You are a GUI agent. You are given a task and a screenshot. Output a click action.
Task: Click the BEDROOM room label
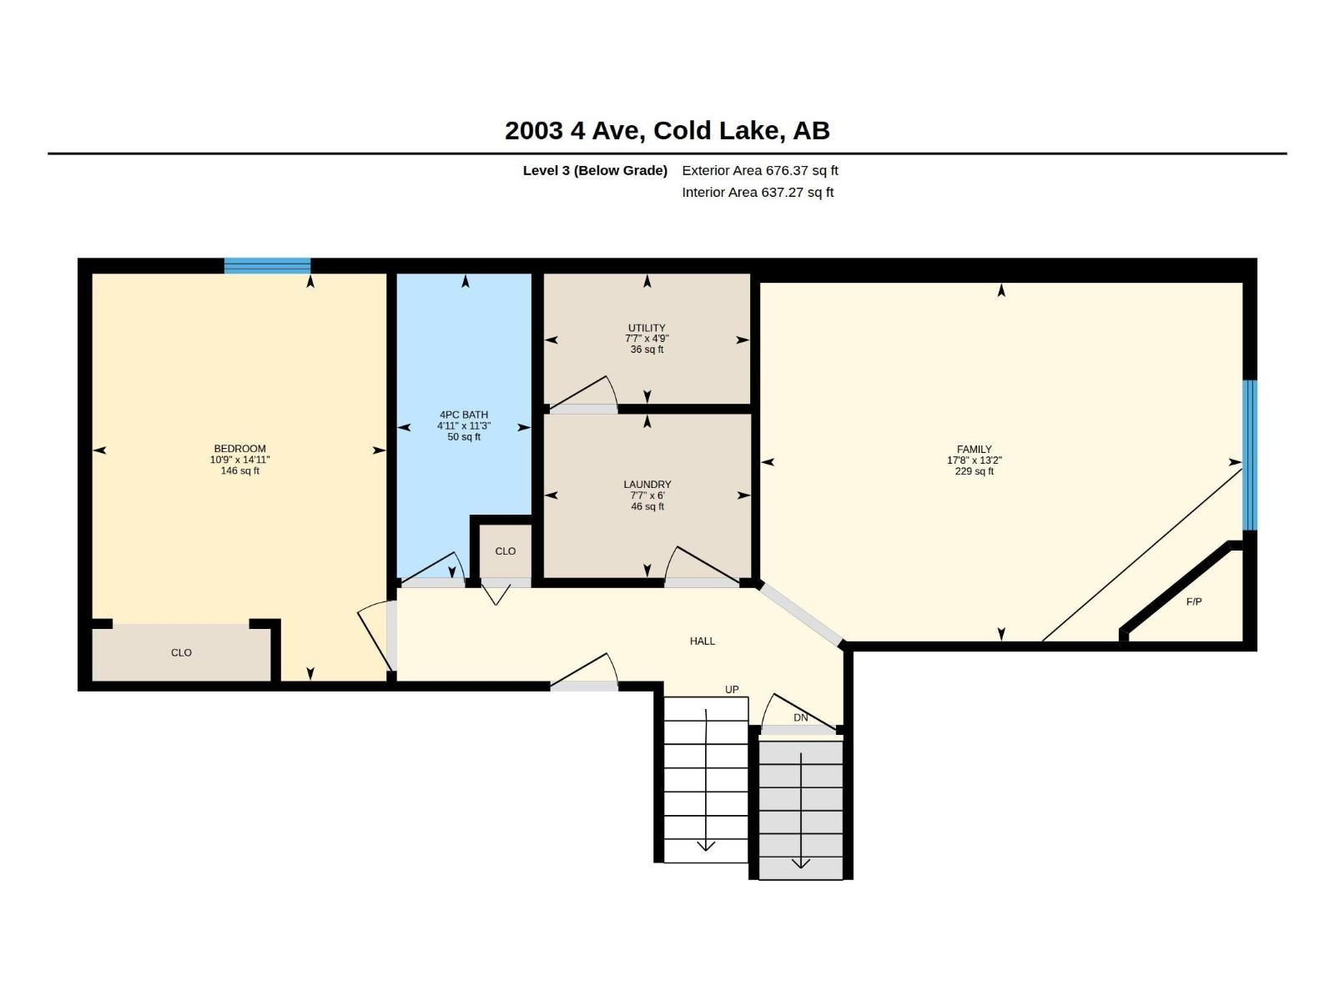point(239,449)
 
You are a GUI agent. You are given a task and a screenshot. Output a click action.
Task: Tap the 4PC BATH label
point(463,415)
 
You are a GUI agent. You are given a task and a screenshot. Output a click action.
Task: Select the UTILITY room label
point(647,328)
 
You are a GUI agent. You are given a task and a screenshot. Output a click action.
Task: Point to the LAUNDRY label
point(647,485)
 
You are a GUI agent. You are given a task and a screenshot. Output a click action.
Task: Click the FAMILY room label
point(974,449)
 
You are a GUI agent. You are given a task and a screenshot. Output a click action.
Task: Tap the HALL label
point(702,641)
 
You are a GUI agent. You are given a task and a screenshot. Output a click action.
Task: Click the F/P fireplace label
point(1194,601)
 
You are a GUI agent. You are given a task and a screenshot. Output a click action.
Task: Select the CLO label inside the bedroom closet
point(181,652)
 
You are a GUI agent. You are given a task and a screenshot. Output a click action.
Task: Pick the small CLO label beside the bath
point(505,551)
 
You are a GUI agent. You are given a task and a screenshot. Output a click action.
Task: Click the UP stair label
point(732,689)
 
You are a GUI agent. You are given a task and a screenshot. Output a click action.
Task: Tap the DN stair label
point(800,717)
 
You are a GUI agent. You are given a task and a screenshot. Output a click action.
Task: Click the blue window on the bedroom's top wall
point(268,265)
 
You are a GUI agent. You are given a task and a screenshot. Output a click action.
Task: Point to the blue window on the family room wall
point(1249,455)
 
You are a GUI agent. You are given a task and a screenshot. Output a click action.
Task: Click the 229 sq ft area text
point(974,471)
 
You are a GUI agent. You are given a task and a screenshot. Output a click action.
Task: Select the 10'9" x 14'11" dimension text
point(239,460)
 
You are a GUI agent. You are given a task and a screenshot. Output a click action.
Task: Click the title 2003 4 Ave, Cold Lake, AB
point(667,130)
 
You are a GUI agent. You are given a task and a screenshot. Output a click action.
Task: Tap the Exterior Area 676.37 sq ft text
point(759,170)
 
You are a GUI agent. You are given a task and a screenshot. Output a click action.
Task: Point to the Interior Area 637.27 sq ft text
point(758,192)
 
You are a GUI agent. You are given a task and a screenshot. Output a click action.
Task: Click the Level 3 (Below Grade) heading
point(595,170)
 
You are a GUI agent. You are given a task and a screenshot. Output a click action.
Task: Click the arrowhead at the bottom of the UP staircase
point(706,846)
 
